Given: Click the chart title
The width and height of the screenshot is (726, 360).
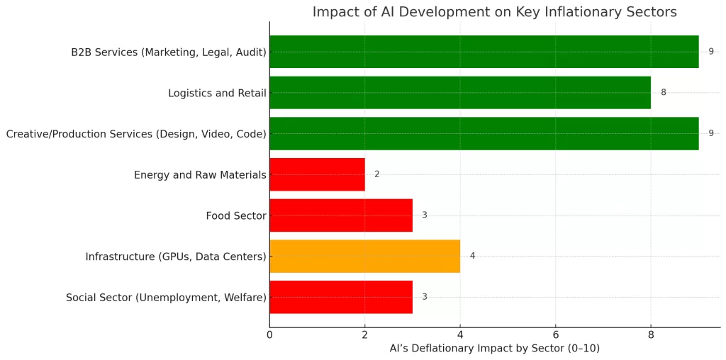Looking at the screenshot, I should click(x=494, y=12).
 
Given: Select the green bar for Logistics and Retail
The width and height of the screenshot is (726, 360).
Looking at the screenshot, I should click(x=459, y=92).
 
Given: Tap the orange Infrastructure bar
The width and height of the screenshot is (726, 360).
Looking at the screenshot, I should click(x=364, y=256).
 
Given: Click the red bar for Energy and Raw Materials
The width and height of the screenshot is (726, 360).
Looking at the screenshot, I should click(x=317, y=174).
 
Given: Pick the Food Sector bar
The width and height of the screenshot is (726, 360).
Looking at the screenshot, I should click(x=340, y=215).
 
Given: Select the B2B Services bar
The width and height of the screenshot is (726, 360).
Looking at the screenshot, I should click(x=484, y=52).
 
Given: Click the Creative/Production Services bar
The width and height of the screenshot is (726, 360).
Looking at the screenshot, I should click(x=484, y=133).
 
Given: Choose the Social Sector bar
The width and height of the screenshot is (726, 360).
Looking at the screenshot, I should click(x=340, y=297).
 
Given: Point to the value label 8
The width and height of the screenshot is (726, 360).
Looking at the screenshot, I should click(x=663, y=93).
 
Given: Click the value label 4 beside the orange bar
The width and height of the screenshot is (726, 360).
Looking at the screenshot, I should click(x=472, y=256).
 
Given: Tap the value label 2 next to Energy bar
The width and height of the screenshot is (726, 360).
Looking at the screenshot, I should click(x=376, y=174).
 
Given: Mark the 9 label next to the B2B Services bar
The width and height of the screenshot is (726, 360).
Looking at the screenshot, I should click(x=710, y=52).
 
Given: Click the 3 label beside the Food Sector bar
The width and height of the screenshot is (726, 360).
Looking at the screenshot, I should click(x=424, y=215).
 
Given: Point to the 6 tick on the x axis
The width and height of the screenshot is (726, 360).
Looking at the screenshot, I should click(x=555, y=334).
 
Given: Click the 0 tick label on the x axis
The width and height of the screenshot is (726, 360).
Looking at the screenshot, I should click(x=269, y=334).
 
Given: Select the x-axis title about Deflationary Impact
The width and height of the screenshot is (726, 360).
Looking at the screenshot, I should click(x=494, y=349).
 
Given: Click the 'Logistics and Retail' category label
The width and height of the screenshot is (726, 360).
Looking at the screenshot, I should click(x=217, y=93).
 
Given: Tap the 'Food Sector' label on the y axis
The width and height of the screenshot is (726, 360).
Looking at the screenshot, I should click(x=236, y=215).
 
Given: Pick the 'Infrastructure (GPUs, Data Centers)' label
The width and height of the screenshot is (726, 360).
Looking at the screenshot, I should click(x=176, y=257).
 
